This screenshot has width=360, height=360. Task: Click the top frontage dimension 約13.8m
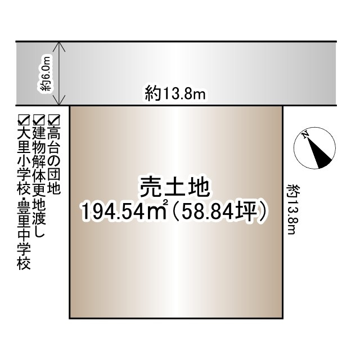click(175, 94)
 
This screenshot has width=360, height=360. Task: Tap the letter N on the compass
click(305, 135)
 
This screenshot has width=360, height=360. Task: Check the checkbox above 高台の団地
click(54, 119)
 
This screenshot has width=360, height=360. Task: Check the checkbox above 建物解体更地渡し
click(39, 119)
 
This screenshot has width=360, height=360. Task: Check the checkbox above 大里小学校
click(24, 119)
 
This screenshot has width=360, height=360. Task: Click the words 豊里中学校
click(24, 237)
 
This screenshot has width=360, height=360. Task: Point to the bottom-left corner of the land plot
click(70, 318)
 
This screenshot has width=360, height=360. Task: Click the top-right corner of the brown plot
click(282, 106)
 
